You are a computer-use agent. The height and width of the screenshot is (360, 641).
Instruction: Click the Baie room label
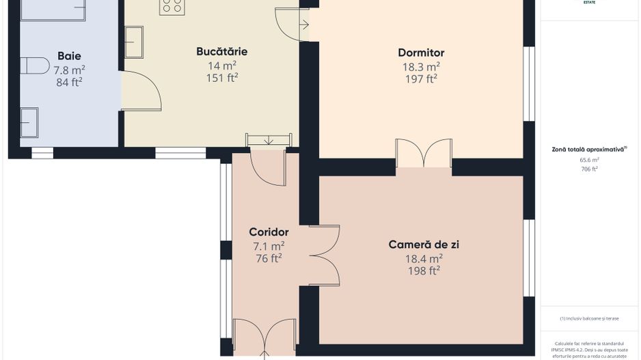click(69, 56)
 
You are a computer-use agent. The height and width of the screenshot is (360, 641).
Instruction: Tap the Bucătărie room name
click(221, 51)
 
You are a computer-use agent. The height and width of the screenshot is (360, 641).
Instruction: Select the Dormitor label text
click(421, 53)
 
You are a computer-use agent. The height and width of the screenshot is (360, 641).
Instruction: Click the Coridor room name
click(269, 232)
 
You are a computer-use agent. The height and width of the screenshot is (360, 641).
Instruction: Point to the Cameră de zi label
click(423, 245)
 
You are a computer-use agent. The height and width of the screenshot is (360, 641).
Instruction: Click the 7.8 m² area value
click(69, 70)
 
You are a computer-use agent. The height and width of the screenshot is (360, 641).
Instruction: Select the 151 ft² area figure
click(221, 78)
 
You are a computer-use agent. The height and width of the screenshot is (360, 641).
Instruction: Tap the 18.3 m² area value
click(421, 66)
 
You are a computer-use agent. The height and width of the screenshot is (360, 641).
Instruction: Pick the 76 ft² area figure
click(269, 258)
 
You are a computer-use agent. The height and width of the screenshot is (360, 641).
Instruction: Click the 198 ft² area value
click(423, 271)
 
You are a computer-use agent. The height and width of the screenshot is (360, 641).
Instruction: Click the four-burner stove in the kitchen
click(172, 7)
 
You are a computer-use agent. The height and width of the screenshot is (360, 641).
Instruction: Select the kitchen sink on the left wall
click(133, 42)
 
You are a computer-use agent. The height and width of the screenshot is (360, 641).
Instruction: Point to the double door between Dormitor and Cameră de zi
click(424, 153)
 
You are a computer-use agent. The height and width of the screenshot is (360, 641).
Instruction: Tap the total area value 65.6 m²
click(589, 159)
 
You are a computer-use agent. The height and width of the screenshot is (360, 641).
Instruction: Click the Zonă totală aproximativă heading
click(589, 149)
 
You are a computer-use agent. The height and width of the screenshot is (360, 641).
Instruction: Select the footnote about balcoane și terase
click(589, 318)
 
